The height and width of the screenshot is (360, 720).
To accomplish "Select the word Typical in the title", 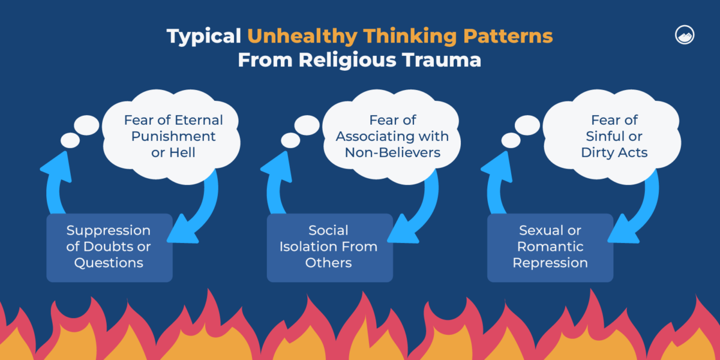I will point(204,37).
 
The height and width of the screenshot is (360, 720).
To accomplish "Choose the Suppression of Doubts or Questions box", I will point(109,247).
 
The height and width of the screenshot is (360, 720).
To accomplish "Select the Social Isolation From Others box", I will point(329,247).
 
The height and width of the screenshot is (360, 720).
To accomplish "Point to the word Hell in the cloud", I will point(182,152).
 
